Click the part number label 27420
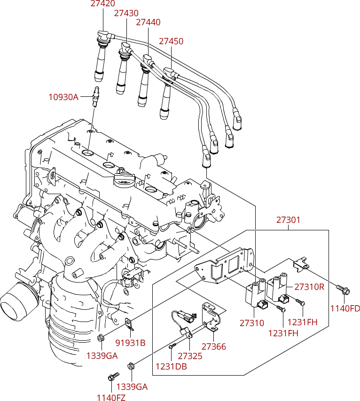103,4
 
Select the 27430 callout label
126,13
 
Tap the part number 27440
149,22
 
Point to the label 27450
171,41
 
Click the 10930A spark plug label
63,97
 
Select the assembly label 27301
288,220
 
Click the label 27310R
309,287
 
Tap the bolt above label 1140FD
343,289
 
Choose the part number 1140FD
345,308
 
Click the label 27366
214,346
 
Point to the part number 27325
190,356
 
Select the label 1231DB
172,367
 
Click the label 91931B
130,343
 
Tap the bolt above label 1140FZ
113,376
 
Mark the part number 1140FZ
111,397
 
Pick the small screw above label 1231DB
172,346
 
